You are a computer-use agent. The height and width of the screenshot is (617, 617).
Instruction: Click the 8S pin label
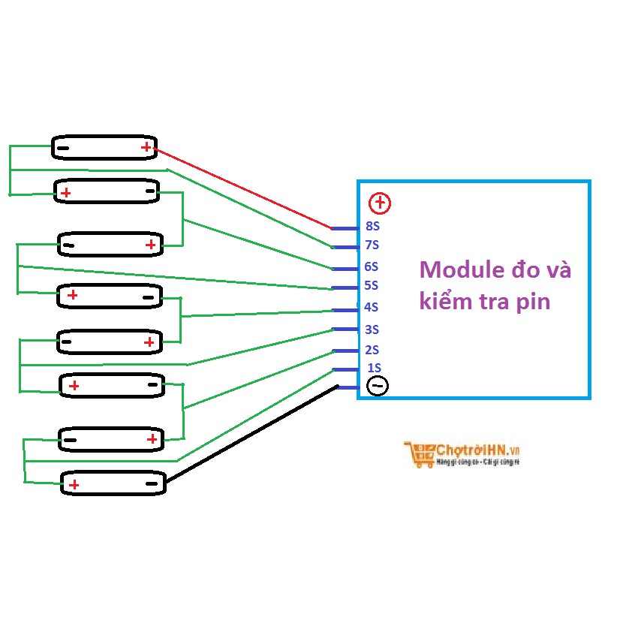point(372,226)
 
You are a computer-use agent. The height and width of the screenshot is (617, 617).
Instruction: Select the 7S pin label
point(372,245)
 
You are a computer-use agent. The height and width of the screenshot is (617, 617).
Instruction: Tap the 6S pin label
point(372,266)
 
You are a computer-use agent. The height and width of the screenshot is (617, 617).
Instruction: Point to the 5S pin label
point(372,286)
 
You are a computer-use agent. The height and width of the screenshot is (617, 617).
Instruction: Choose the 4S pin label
point(372,307)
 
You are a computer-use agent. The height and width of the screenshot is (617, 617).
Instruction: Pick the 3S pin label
point(372,330)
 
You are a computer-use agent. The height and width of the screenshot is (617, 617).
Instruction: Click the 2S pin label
point(372,350)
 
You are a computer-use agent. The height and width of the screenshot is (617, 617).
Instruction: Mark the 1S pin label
point(374,368)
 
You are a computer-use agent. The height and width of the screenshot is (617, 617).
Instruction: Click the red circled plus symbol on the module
point(381,203)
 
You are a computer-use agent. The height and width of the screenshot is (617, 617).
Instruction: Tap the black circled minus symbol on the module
point(378,386)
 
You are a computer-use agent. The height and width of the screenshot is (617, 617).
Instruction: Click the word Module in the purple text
point(458,269)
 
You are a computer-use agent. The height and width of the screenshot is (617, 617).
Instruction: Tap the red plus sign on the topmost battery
point(146,147)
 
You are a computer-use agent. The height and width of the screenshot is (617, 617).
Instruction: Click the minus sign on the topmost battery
point(63,148)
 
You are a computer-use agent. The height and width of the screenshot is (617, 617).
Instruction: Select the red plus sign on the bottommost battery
point(74,485)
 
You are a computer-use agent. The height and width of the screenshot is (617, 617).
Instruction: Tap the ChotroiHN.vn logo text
point(478,450)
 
